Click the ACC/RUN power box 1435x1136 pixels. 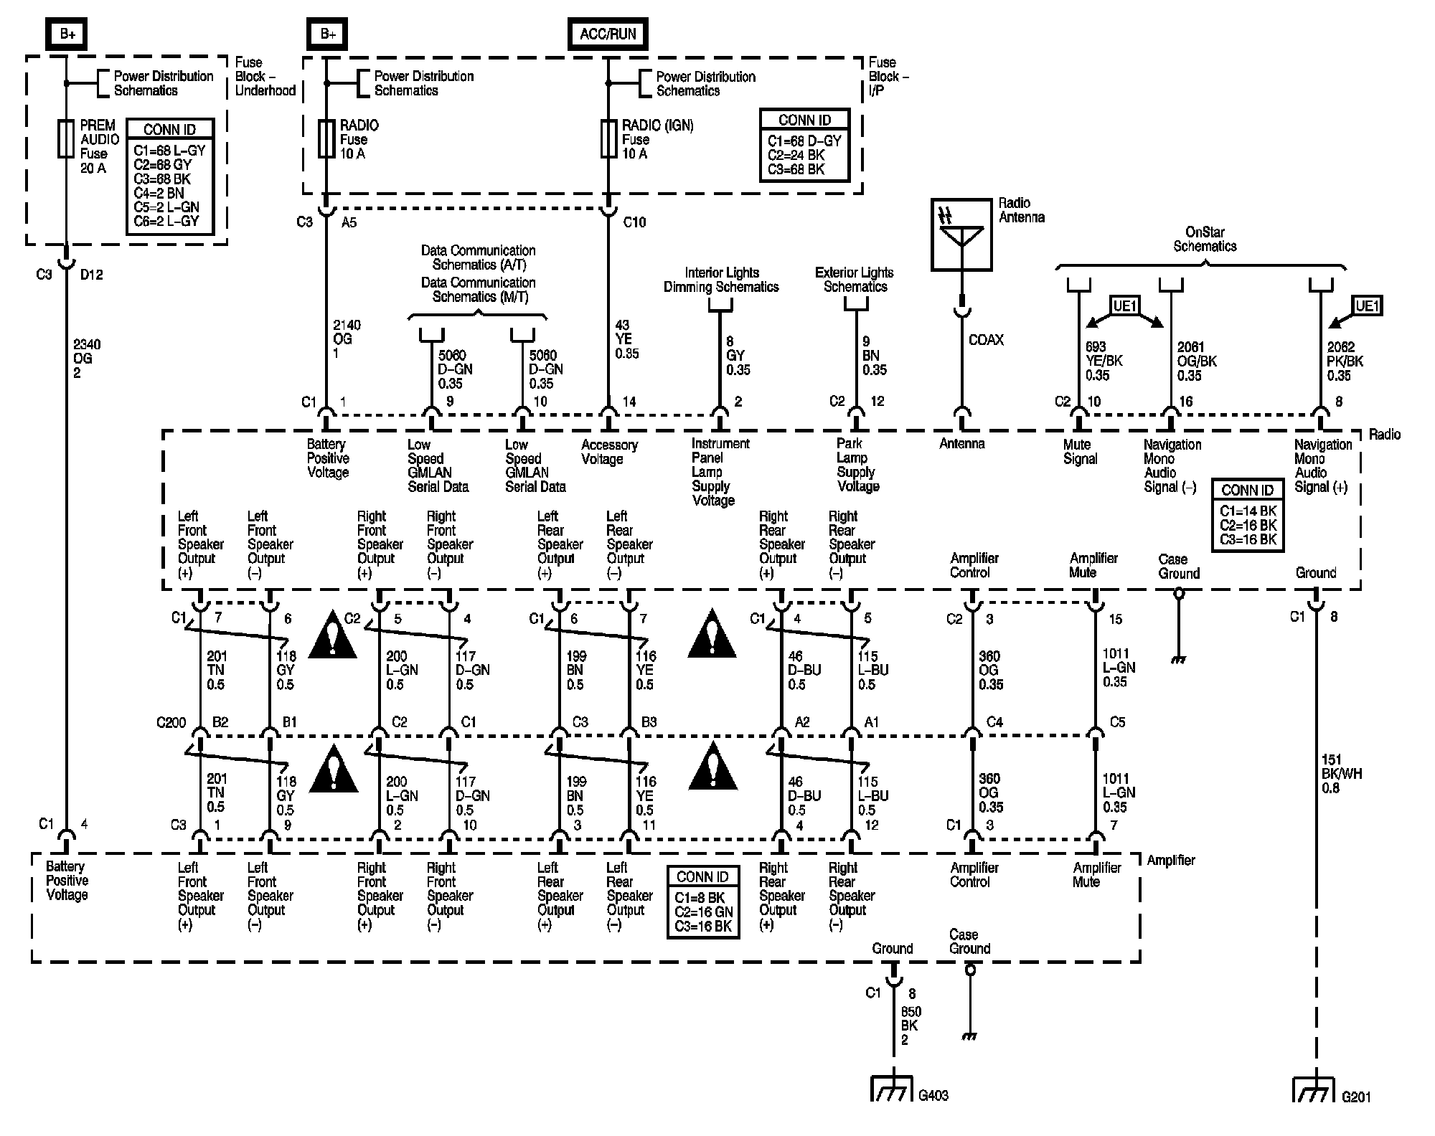[608, 34]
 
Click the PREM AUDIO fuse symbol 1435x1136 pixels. [66, 138]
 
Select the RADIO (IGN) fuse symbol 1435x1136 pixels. [608, 138]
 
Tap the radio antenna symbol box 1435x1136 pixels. [961, 235]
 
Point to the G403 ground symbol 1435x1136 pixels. [892, 1088]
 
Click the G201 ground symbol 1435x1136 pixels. [1314, 1088]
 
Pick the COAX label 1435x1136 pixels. [986, 340]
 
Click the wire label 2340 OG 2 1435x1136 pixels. [87, 359]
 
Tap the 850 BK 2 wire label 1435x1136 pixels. [911, 1026]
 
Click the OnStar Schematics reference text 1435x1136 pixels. [1205, 239]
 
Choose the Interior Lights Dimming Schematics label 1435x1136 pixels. [721, 280]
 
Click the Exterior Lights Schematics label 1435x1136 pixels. [855, 280]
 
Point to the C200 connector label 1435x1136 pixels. [171, 722]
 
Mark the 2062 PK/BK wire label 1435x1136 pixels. [1345, 361]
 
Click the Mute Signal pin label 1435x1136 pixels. [1080, 452]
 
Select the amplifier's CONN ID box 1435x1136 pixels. [702, 901]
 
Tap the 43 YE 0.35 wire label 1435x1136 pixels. [626, 339]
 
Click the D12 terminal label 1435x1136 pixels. [92, 275]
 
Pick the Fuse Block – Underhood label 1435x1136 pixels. [265, 77]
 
